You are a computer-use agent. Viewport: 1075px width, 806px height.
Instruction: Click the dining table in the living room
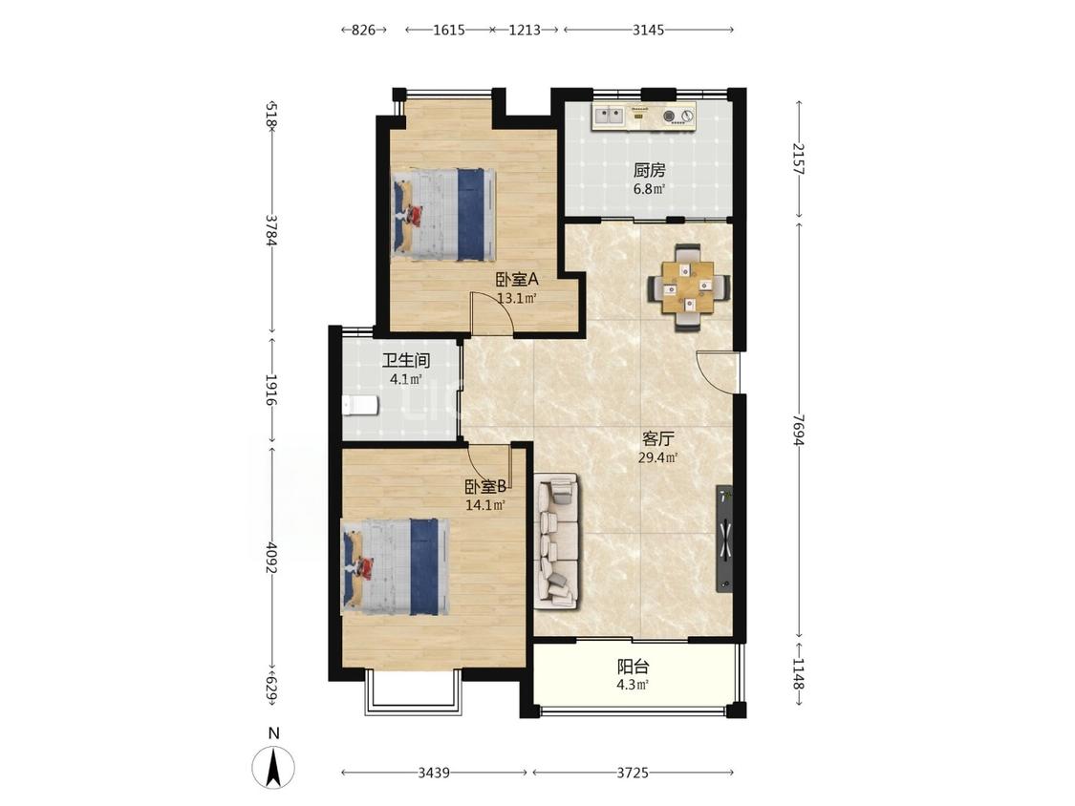[x=688, y=287]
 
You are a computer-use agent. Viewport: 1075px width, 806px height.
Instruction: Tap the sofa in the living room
[x=557, y=541]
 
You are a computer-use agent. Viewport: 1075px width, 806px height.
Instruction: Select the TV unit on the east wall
[x=724, y=539]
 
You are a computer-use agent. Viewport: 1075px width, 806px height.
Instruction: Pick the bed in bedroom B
[x=396, y=567]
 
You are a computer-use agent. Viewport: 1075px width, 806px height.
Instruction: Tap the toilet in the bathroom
[x=360, y=406]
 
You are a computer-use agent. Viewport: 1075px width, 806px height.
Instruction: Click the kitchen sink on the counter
[x=608, y=116]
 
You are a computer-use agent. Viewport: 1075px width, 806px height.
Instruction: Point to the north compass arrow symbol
[x=273, y=766]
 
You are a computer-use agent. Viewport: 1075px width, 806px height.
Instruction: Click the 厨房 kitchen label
[x=649, y=169]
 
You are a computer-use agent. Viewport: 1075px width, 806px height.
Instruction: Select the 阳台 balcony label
[x=633, y=666]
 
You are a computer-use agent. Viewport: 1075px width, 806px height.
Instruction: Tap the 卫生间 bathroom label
[x=406, y=360]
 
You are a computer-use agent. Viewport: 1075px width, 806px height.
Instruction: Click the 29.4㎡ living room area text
[x=658, y=457]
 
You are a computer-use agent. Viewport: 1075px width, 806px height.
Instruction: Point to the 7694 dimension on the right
[x=797, y=430]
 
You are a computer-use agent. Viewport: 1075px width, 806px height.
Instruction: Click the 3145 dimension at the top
[x=648, y=30]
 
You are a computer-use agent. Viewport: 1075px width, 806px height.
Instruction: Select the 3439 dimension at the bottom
[x=434, y=773]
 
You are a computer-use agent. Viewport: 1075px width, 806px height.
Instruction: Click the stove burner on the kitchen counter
[x=670, y=116]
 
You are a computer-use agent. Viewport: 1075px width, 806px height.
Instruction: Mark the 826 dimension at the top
[x=363, y=30]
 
